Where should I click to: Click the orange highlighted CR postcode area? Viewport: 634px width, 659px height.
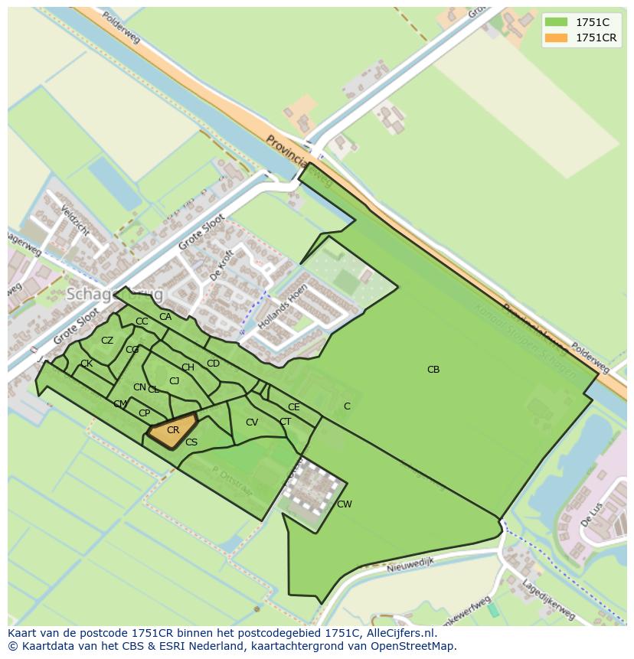click(x=172, y=432)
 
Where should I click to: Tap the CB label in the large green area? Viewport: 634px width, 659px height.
click(x=433, y=370)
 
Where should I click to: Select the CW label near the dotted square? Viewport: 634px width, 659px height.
click(x=345, y=504)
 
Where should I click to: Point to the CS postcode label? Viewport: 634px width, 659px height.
click(x=191, y=442)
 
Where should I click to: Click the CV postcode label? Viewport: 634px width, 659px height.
click(x=252, y=422)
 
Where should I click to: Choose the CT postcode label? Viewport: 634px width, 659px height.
click(x=285, y=422)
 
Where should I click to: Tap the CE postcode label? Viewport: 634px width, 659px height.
click(x=294, y=407)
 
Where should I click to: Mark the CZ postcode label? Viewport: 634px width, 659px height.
click(x=107, y=341)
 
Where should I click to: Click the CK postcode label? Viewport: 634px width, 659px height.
click(x=87, y=364)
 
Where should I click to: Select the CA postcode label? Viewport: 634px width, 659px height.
click(x=165, y=317)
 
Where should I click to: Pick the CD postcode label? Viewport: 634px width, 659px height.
click(x=214, y=364)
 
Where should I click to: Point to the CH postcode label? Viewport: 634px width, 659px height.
click(x=188, y=367)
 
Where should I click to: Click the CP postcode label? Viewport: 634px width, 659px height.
click(x=144, y=413)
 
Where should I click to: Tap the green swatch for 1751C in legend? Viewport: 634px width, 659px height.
click(x=557, y=22)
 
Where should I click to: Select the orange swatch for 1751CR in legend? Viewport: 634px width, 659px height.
click(x=557, y=38)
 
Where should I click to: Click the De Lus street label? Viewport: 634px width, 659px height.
click(x=591, y=515)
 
